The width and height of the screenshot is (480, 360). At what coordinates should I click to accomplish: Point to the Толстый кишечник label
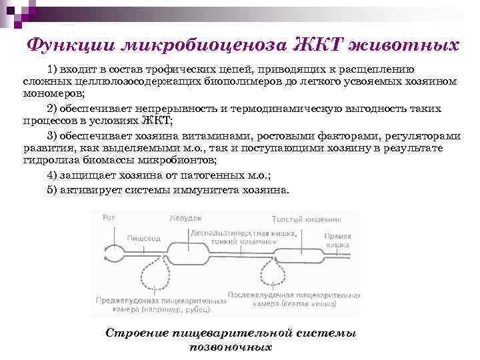point(306,219)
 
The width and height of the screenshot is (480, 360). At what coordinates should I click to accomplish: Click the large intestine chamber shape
point(300,254)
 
